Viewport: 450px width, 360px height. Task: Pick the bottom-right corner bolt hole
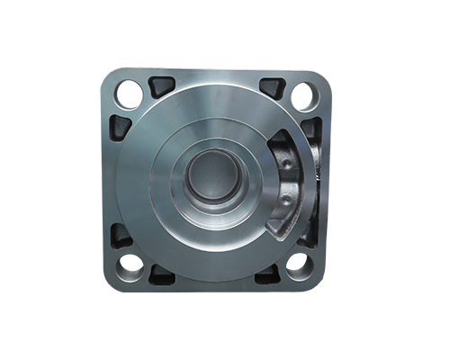(300, 266)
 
